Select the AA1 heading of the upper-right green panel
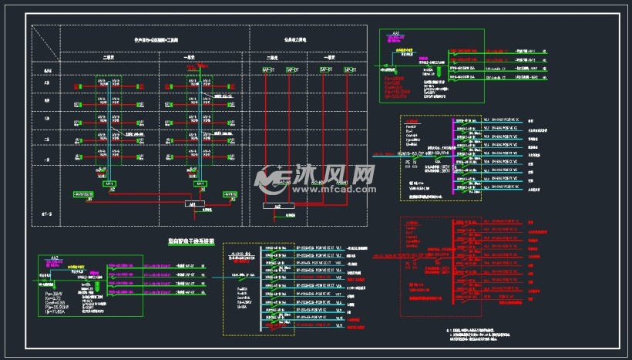(x=396, y=33)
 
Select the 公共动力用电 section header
(x=294, y=37)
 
